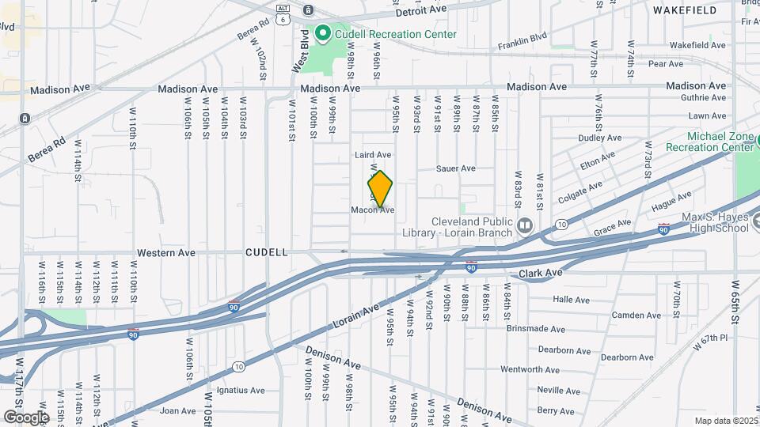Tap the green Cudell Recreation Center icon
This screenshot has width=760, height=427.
click(322, 34)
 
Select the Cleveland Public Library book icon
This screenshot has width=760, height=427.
click(524, 227)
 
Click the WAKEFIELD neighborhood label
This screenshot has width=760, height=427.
click(685, 10)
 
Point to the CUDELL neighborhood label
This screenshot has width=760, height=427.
click(267, 253)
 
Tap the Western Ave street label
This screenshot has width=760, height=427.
click(165, 253)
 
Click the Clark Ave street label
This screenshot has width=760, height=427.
click(540, 273)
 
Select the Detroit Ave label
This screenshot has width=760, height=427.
click(422, 12)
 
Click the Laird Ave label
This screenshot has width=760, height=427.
click(373, 155)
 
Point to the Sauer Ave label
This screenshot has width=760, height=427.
click(456, 168)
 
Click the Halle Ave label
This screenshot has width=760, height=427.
click(572, 300)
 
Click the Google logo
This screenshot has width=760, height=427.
click(25, 417)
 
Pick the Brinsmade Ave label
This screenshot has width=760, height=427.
click(535, 329)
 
